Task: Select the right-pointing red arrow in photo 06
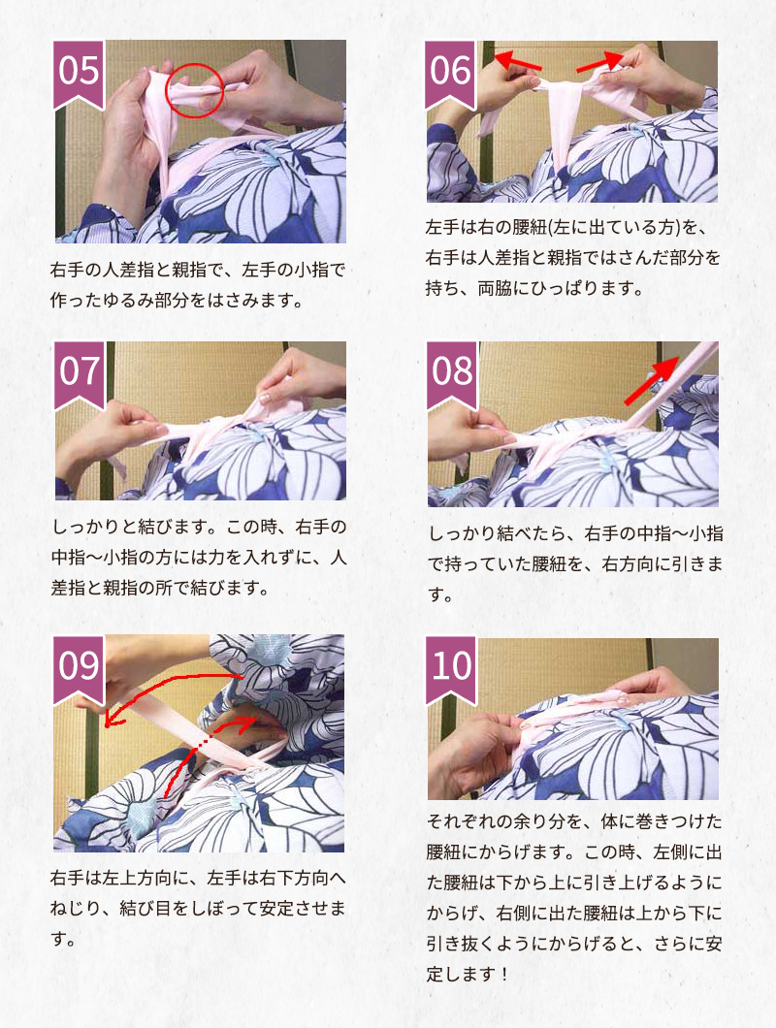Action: (x=599, y=62)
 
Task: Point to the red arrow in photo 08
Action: (x=652, y=380)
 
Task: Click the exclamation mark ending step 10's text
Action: (x=503, y=974)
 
